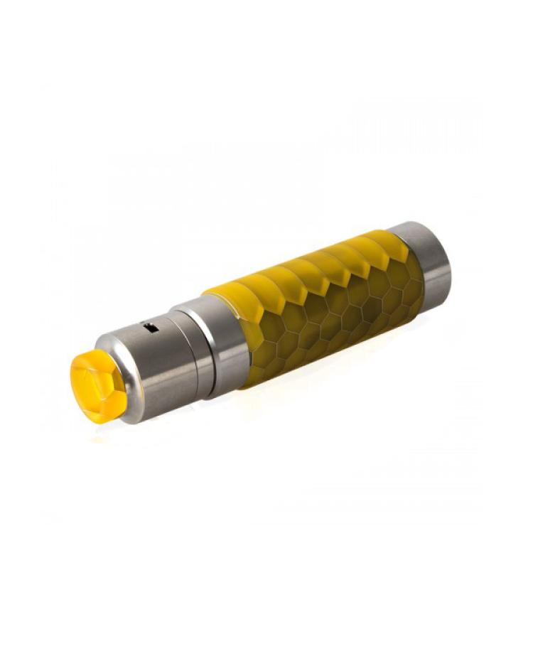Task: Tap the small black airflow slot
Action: pyautogui.click(x=150, y=328)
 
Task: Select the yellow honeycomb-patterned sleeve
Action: pyautogui.click(x=320, y=306)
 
